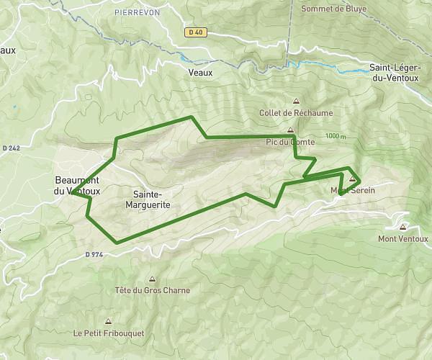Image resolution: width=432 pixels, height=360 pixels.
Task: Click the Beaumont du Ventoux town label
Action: tap(77, 186)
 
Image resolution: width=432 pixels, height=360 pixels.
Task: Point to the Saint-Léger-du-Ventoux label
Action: tap(395, 72)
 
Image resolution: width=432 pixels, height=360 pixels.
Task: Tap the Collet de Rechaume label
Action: tap(296, 113)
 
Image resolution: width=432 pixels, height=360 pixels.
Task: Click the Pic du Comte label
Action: tap(291, 143)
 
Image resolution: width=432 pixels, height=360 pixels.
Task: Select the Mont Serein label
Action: tap(349, 190)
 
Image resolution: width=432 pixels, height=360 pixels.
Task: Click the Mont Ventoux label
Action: tap(402, 239)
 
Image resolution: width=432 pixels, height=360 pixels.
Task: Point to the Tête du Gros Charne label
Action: tap(152, 291)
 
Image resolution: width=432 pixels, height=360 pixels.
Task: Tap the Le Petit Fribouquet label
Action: tap(108, 333)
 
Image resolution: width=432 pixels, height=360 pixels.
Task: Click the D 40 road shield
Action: tap(194, 32)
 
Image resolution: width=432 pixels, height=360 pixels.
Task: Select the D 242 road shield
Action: tap(11, 148)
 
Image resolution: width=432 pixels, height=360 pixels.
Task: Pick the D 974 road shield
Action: tap(94, 254)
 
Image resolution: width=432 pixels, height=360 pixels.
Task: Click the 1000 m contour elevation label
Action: tap(336, 136)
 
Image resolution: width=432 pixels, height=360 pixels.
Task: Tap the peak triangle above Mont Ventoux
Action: tap(402, 227)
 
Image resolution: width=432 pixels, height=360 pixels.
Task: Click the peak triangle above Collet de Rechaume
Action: tap(296, 101)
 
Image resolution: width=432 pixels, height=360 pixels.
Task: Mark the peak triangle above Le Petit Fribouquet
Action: tap(108, 321)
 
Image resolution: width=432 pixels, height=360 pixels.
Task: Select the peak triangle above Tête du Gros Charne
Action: tap(152, 279)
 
